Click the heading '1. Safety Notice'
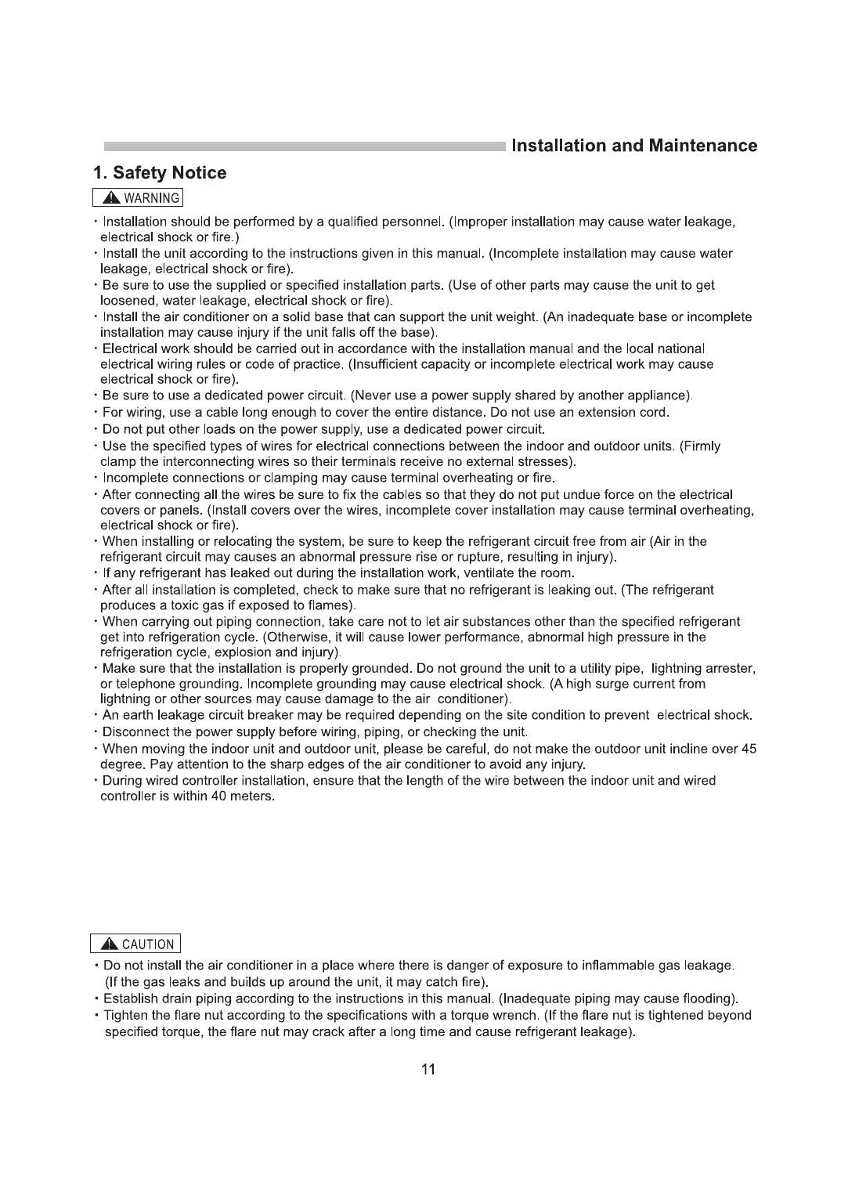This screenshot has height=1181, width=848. pyautogui.click(x=160, y=173)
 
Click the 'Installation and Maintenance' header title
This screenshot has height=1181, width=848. pyautogui.click(x=633, y=146)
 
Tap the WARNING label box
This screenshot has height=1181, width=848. pyautogui.click(x=138, y=198)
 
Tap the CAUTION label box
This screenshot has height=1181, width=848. pyautogui.click(x=135, y=944)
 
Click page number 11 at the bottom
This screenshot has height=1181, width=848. pyautogui.click(x=428, y=1069)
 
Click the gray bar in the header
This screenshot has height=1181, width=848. pyautogui.click(x=305, y=146)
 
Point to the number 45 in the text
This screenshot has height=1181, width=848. pyautogui.click(x=749, y=749)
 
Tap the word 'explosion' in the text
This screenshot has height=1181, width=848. pyautogui.click(x=247, y=652)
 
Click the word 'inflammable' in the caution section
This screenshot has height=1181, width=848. pyautogui.click(x=617, y=966)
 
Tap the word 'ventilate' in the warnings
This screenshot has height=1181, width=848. pyautogui.click(x=491, y=573)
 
